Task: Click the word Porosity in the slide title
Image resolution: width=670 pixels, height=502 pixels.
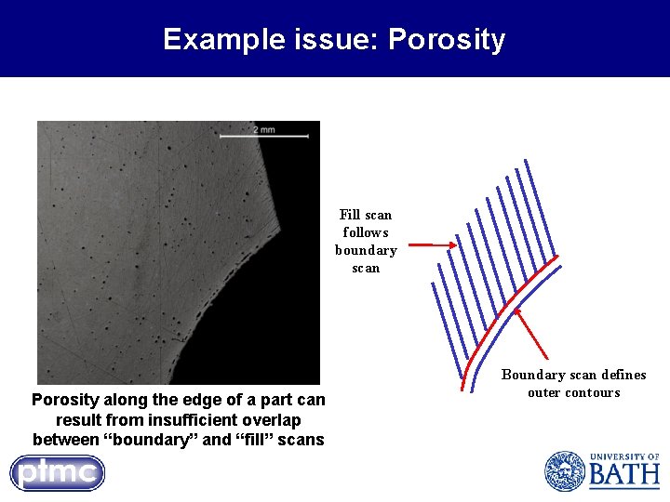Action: [x=447, y=40]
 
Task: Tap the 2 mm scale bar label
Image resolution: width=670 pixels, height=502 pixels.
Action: [x=263, y=129]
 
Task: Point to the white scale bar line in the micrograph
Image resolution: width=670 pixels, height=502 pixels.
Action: [x=263, y=138]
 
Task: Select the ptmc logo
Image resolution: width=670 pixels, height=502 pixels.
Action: [x=58, y=472]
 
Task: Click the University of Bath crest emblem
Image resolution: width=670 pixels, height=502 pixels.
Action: [x=564, y=470]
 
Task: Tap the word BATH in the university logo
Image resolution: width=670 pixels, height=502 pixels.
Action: [x=623, y=476]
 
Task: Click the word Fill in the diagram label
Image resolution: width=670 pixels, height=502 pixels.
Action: [x=350, y=215]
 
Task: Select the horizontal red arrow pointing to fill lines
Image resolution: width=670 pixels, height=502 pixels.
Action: [x=433, y=245]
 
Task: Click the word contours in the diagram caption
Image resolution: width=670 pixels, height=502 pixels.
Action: [x=591, y=392]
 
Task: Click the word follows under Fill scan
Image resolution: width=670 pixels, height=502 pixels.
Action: [x=366, y=232]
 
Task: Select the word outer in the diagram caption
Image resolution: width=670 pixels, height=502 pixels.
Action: [x=544, y=392]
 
